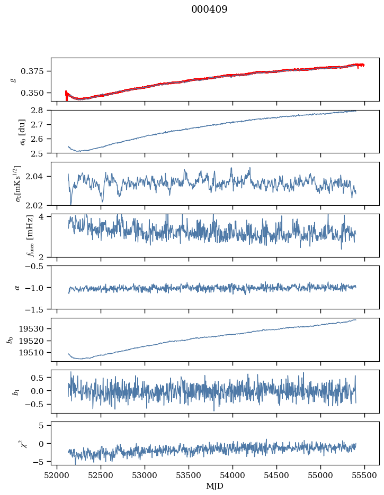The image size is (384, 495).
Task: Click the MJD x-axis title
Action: click(215, 486)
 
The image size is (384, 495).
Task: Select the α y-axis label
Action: click(17, 287)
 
